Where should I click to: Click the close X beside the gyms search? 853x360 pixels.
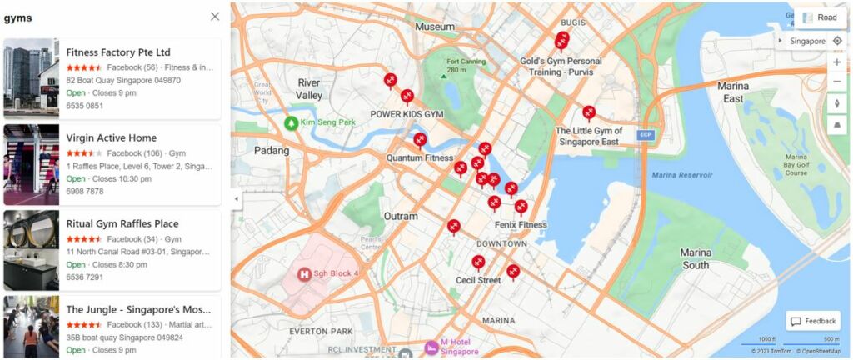pyautogui.click(x=215, y=17)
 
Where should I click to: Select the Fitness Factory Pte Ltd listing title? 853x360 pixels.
pyautogui.click(x=117, y=52)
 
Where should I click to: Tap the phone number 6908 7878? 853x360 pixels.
pyautogui.click(x=84, y=192)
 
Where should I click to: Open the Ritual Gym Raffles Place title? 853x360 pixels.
pyautogui.click(x=122, y=224)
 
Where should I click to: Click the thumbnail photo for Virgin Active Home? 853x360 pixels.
pyautogui.click(x=31, y=165)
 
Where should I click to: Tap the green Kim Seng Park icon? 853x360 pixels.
pyautogui.click(x=291, y=123)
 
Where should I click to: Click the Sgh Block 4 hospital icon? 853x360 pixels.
pyautogui.click(x=305, y=273)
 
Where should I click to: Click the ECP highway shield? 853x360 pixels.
pyautogui.click(x=644, y=135)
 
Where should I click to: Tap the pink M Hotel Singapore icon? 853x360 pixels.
pyautogui.click(x=431, y=347)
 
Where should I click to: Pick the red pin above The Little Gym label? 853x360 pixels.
pyautogui.click(x=589, y=112)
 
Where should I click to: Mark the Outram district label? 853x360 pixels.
pyautogui.click(x=400, y=217)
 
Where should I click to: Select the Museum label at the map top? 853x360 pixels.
pyautogui.click(x=435, y=27)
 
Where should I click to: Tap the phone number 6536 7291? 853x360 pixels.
pyautogui.click(x=84, y=277)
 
